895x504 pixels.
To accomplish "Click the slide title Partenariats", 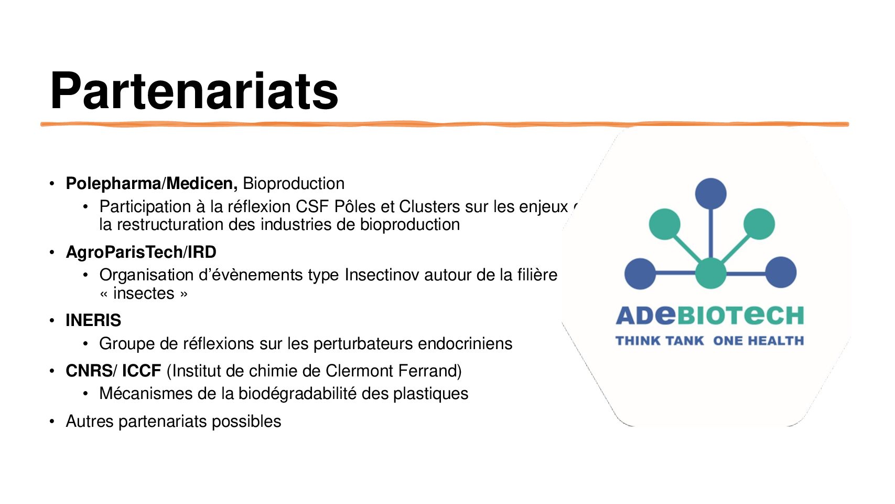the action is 194,91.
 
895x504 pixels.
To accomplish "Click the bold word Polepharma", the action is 113,184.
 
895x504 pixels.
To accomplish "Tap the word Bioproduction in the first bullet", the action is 294,184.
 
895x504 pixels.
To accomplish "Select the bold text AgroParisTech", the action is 124,253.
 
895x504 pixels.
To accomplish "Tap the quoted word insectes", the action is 144,293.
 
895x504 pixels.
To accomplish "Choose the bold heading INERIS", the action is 93,321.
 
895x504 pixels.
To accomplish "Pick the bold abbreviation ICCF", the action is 142,371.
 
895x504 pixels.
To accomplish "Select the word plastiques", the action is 430,394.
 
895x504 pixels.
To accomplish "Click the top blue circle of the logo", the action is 710,194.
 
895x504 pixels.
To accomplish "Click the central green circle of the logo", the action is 710,273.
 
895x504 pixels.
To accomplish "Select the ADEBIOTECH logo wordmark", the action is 709,315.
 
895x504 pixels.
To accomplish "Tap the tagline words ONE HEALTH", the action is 758,341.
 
